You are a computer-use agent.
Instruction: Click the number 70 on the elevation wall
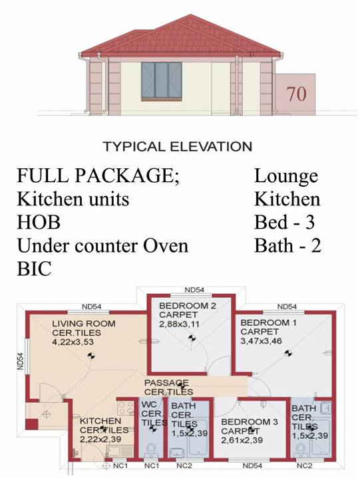pyautogui.click(x=297, y=94)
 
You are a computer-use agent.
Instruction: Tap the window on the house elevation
pyautogui.click(x=162, y=81)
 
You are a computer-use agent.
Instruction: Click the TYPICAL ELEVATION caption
pyautogui.click(x=178, y=147)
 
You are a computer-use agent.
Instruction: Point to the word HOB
pyautogui.click(x=39, y=222)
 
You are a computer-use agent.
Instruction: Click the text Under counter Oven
pyautogui.click(x=102, y=245)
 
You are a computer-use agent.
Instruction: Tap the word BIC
pyautogui.click(x=34, y=269)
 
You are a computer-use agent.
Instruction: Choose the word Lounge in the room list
pyautogui.click(x=286, y=177)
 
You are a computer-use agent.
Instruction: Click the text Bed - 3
pyautogui.click(x=284, y=222)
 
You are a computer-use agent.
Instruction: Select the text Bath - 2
pyautogui.click(x=287, y=245)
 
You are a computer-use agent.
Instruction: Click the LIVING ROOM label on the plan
pyautogui.click(x=84, y=324)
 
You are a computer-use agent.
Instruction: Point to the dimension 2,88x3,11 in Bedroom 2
pyautogui.click(x=179, y=324)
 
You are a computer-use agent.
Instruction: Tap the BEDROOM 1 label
pyautogui.click(x=268, y=322)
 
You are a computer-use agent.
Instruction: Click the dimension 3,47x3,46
pyautogui.click(x=261, y=341)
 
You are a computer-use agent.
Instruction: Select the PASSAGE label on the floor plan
pyautogui.click(x=166, y=382)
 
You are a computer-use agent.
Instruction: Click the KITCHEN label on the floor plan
pyautogui.click(x=100, y=421)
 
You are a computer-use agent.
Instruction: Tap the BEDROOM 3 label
pyautogui.click(x=250, y=422)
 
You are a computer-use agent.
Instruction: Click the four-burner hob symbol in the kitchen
pyautogui.click(x=126, y=408)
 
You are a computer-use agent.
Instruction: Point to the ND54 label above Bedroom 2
pyautogui.click(x=194, y=290)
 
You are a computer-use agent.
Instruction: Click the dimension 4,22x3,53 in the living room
pyautogui.click(x=73, y=342)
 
